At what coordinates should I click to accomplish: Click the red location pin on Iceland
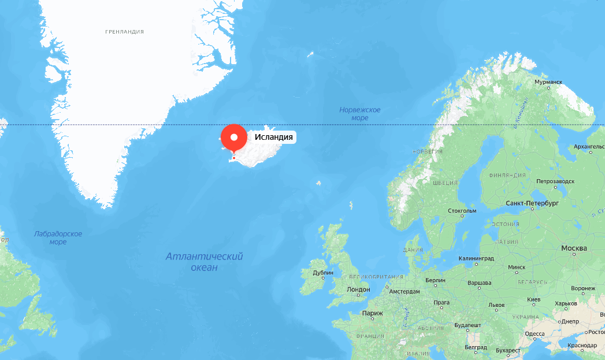click(234, 139)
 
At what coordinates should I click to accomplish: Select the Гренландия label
click(124, 32)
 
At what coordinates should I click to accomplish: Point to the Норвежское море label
click(360, 114)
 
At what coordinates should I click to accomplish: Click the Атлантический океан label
click(204, 262)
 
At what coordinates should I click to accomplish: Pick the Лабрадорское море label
click(58, 237)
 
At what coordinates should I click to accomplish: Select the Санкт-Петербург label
click(532, 204)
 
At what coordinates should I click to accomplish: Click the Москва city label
click(574, 248)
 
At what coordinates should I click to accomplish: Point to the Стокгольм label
click(462, 210)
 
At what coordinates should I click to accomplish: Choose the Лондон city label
click(358, 290)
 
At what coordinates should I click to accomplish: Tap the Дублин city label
click(323, 273)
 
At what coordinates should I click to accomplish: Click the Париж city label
click(372, 313)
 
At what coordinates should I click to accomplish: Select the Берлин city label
click(435, 280)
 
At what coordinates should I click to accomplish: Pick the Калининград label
click(477, 258)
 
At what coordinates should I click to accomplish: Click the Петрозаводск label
click(555, 181)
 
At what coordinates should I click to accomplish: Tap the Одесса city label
click(535, 333)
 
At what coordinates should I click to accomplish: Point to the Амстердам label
click(404, 291)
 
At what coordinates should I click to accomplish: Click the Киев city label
click(534, 299)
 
